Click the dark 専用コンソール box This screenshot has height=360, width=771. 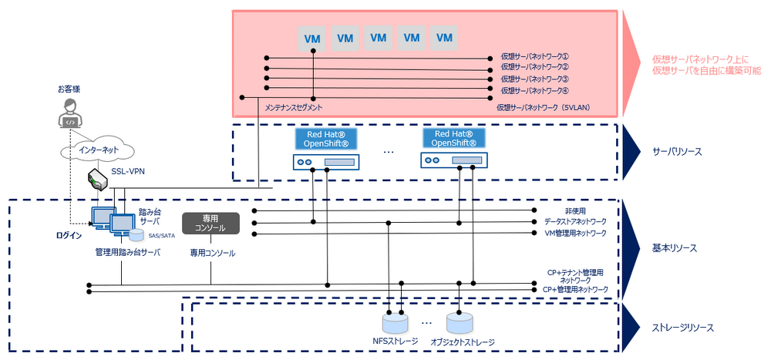tap(210, 224)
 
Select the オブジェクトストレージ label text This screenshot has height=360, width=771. tap(462, 341)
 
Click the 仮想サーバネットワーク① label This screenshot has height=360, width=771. tap(534, 57)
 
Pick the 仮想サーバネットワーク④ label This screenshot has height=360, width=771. tap(534, 89)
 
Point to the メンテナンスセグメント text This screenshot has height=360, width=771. tap(294, 107)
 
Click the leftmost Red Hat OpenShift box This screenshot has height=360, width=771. tap(325, 139)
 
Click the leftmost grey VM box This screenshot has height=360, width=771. tap(312, 37)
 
